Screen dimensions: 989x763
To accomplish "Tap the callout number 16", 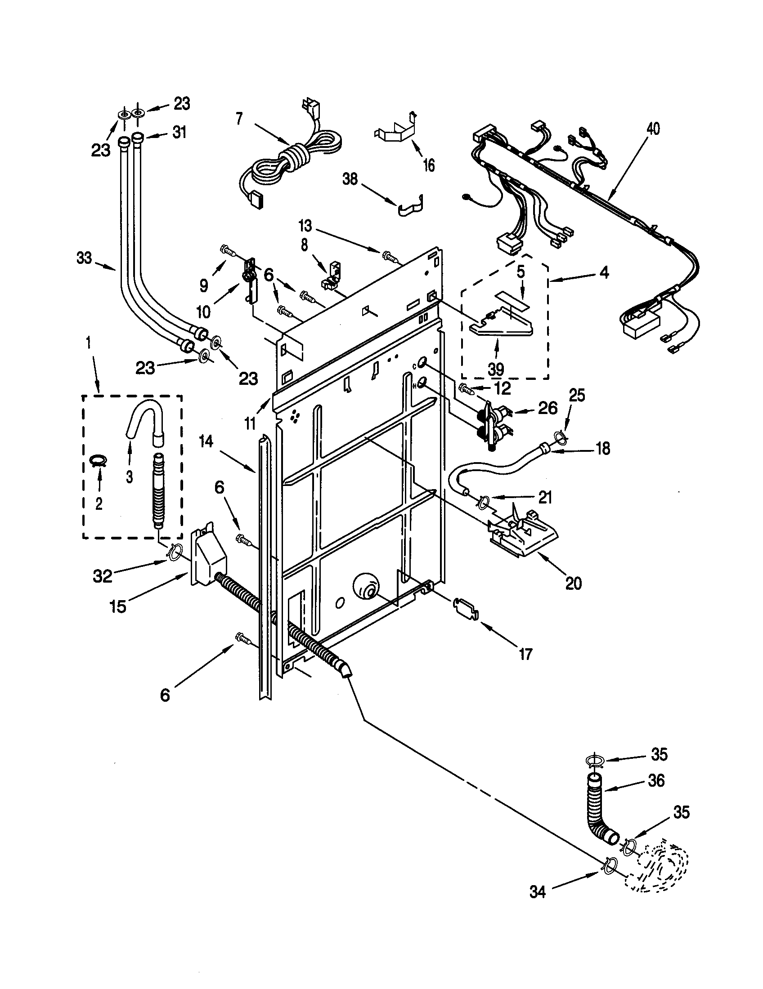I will (428, 165).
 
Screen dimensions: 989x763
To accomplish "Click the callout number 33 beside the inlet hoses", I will (84, 258).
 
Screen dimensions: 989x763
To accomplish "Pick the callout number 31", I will (179, 133).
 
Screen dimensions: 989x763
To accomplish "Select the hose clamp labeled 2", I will (99, 460).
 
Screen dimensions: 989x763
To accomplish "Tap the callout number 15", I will (118, 606).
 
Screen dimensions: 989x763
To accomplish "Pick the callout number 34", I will (537, 891).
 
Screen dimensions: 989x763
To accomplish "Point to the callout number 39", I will (496, 370).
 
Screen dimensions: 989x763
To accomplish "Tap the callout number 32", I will (103, 576).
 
